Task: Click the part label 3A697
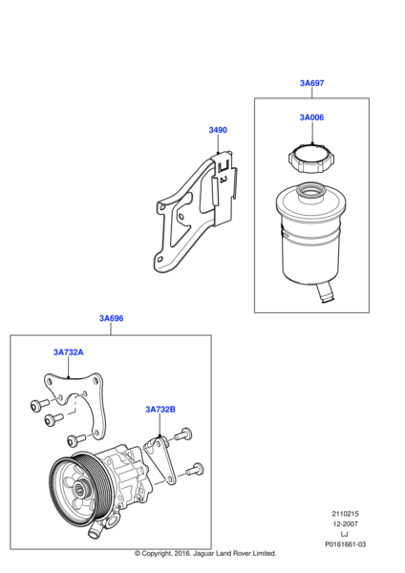coord(311,83)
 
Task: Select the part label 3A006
coord(311,117)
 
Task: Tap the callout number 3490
coord(218,130)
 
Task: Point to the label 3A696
coord(112,318)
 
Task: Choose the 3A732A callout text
coord(69,352)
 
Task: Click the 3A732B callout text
coord(160,410)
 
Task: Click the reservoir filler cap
coord(311,159)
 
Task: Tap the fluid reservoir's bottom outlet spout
coord(325,293)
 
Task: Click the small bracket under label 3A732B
coord(160,461)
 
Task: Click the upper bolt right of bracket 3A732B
coord(183,435)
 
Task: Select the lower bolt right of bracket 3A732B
coord(195,470)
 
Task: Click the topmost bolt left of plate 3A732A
coord(39,405)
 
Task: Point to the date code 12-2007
coord(345,523)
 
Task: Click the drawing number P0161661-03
coord(345,544)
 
